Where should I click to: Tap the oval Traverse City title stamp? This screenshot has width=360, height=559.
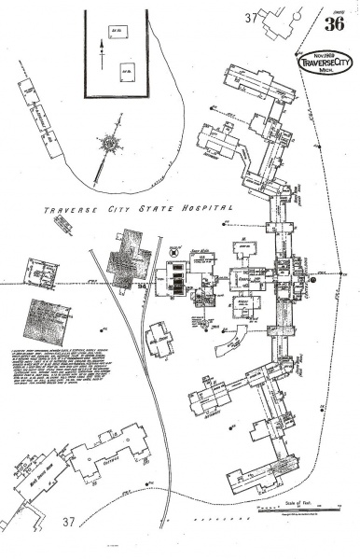(x=323, y=63)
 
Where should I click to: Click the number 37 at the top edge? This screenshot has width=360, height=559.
(x=251, y=18)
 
